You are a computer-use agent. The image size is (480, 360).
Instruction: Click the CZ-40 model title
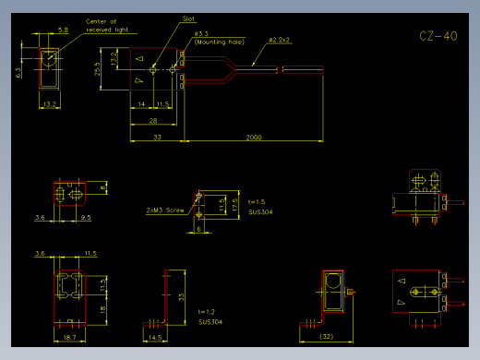(438, 37)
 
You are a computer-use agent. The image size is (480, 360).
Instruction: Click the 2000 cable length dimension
(253, 137)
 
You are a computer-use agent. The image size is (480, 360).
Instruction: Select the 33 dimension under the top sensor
(156, 137)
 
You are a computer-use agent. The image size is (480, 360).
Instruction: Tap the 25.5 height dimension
(98, 68)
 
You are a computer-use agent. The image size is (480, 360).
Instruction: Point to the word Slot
(188, 18)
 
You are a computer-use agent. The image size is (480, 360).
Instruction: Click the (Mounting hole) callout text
(218, 42)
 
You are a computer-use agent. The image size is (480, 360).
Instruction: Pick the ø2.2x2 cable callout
(279, 40)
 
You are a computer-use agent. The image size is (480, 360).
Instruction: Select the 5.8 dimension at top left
(63, 30)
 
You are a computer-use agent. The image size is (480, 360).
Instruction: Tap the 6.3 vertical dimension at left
(18, 71)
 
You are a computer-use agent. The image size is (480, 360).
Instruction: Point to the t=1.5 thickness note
(257, 201)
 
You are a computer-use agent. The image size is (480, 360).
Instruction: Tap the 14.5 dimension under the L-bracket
(155, 339)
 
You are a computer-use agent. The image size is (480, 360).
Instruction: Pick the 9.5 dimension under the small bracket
(85, 218)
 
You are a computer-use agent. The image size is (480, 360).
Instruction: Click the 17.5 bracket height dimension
(235, 205)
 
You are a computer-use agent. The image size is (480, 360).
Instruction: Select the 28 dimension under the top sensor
(152, 120)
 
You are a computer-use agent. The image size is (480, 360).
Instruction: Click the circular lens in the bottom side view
(332, 282)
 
